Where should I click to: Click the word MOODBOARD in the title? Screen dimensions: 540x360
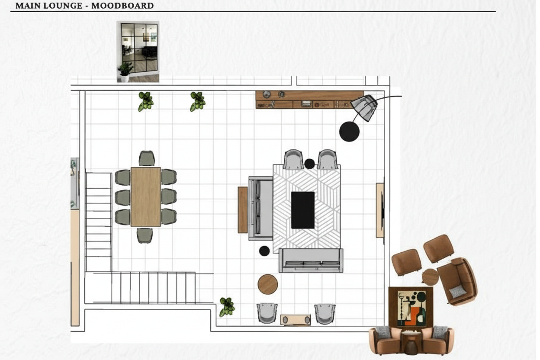(122, 6)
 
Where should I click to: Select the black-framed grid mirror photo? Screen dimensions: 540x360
(138, 51)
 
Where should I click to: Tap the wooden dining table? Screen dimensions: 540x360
(146, 197)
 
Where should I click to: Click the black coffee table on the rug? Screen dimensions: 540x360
(303, 210)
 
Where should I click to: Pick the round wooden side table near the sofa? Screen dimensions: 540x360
(267, 284)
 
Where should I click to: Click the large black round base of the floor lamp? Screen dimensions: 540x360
(349, 132)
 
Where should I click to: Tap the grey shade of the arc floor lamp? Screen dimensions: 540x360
(364, 108)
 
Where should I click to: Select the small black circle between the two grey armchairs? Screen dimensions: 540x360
(309, 164)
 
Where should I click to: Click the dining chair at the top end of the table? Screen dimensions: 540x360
(147, 158)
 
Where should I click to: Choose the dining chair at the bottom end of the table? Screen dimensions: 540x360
(145, 235)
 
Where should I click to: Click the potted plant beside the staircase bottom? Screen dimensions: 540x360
(227, 307)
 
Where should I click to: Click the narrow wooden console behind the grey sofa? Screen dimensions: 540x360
(242, 210)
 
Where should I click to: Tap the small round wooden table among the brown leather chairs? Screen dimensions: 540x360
(430, 277)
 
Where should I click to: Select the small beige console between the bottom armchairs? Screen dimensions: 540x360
(296, 320)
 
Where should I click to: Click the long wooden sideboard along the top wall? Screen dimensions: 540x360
(309, 100)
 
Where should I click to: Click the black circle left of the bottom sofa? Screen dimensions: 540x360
(264, 251)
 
